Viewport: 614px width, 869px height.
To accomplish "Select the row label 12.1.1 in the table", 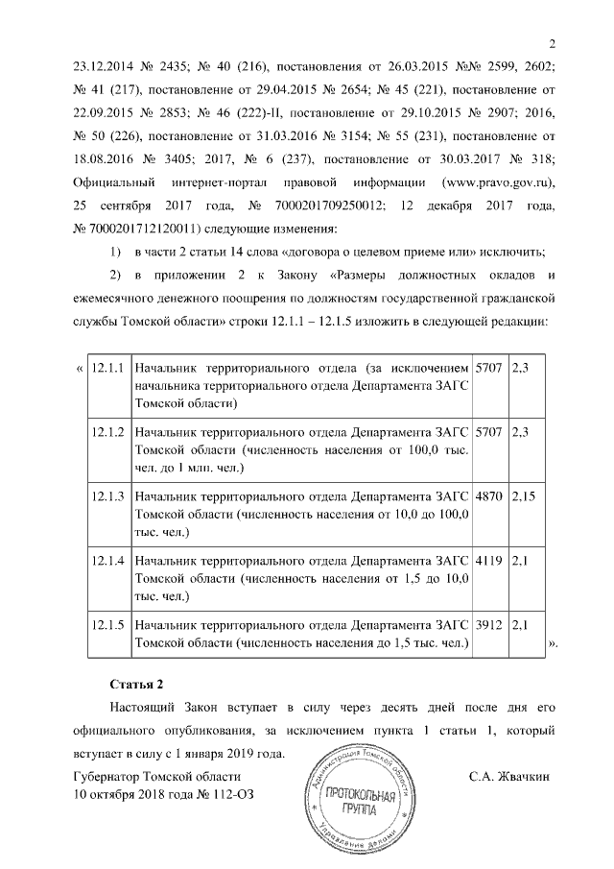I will [108, 368].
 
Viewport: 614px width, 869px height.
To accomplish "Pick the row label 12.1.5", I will [108, 625].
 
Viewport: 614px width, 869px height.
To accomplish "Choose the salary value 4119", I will [488, 561].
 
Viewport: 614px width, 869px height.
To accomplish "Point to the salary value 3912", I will [488, 625].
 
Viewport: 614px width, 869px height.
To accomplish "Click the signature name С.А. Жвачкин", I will [508, 775].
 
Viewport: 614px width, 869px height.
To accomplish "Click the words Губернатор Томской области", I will [150, 775].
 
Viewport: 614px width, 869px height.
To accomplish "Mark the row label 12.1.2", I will [108, 432].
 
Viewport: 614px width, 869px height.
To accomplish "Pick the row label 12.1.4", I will [108, 561].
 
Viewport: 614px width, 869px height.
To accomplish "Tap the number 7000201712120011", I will [146, 229].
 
